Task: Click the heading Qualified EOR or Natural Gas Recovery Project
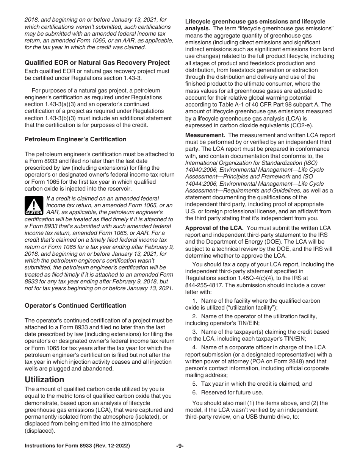click(97, 63)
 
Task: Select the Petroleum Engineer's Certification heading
click(75, 139)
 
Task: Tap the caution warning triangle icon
click(34, 205)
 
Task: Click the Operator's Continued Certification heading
click(75, 305)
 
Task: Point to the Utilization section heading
click(44, 379)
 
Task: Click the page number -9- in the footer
click(180, 446)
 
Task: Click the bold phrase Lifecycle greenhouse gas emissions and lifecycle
click(255, 22)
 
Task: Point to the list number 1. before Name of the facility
click(195, 301)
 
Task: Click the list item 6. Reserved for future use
click(227, 393)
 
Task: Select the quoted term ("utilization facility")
click(244, 308)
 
